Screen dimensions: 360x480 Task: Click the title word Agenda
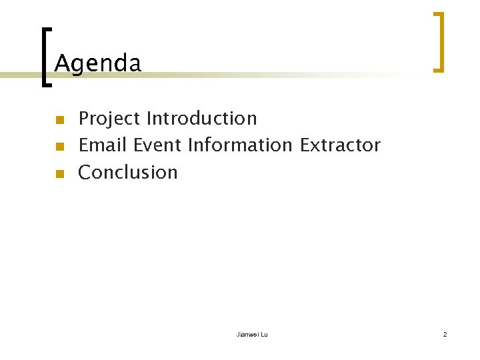[x=98, y=64]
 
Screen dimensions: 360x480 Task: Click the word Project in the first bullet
[x=109, y=119]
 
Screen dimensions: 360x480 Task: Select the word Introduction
[x=201, y=119]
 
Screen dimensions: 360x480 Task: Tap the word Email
[x=103, y=145]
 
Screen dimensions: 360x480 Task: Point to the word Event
[x=157, y=145]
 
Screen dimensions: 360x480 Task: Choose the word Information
[x=240, y=145]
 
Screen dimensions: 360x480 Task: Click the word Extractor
[x=340, y=145]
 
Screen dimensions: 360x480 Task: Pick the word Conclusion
[x=128, y=173]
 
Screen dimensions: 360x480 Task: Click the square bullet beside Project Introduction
[x=59, y=121]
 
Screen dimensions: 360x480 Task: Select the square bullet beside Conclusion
[x=59, y=174]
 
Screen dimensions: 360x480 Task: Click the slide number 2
[x=445, y=334]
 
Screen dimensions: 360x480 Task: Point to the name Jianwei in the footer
[x=247, y=334]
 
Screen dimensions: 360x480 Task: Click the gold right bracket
[x=439, y=41]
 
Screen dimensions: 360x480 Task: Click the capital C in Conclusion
[x=85, y=173]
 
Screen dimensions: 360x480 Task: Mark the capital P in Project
[x=85, y=119]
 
